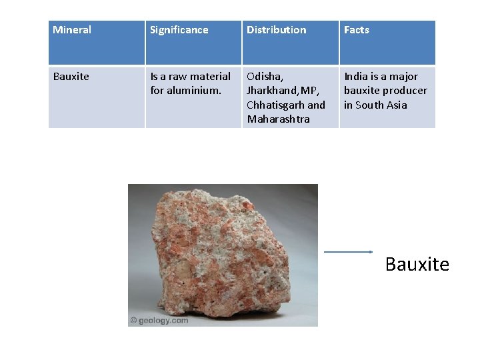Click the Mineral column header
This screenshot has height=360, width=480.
(x=72, y=30)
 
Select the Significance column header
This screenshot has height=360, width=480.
(x=179, y=30)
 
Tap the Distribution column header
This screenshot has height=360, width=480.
(x=276, y=30)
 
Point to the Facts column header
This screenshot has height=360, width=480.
(x=356, y=30)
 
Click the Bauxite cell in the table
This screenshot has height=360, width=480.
(x=71, y=77)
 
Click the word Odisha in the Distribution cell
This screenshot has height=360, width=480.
(x=264, y=77)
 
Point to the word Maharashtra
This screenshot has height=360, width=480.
(x=278, y=119)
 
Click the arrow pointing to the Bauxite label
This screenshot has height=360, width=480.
(x=348, y=252)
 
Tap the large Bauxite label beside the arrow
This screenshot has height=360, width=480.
(x=417, y=265)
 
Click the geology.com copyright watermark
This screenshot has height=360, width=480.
(x=159, y=320)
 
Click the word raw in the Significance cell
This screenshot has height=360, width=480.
(x=177, y=77)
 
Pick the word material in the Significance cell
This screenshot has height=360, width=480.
(x=210, y=77)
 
